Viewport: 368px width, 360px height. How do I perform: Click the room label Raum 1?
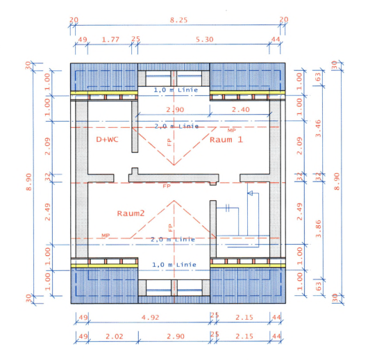click(226, 139)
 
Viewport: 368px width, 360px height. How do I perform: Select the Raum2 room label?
click(131, 213)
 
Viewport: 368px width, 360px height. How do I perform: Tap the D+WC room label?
click(108, 139)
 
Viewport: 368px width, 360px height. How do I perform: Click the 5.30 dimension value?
click(205, 40)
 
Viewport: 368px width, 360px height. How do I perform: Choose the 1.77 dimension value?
click(110, 40)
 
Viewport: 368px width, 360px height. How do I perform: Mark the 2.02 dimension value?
click(115, 336)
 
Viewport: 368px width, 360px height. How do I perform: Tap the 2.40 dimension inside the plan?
click(241, 110)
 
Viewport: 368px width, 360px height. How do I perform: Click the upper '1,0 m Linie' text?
click(174, 90)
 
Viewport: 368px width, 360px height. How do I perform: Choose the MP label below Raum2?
click(106, 236)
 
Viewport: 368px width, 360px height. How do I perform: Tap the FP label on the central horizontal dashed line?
click(166, 186)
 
